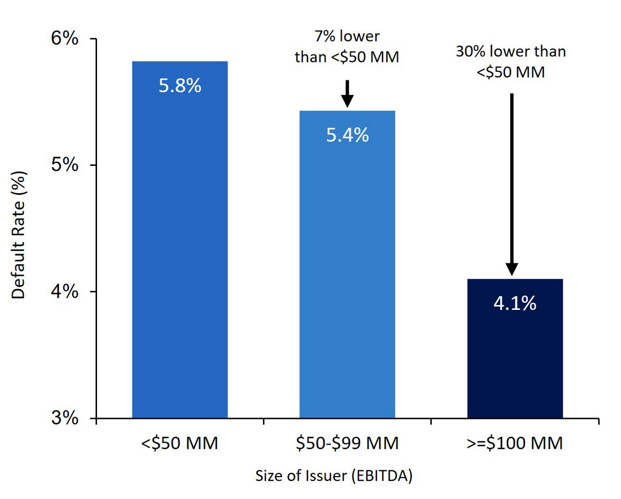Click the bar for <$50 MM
coord(180,252)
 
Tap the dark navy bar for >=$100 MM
coord(515,359)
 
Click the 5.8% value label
coord(180,86)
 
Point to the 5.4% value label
coord(347,135)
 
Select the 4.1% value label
coord(515,303)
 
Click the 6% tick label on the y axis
coord(65,38)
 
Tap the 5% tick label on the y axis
coord(65,165)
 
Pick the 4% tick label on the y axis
coord(65,291)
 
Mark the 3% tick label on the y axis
coord(65,418)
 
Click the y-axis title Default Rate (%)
coord(18,235)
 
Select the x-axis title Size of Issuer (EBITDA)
coord(334,476)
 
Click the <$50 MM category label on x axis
coord(180,443)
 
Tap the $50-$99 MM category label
coord(347,443)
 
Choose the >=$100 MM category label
coord(515,443)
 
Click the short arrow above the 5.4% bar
coord(347,93)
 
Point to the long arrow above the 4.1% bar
coord(512,184)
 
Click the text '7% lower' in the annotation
coord(347,36)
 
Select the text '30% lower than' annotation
coord(511,51)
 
